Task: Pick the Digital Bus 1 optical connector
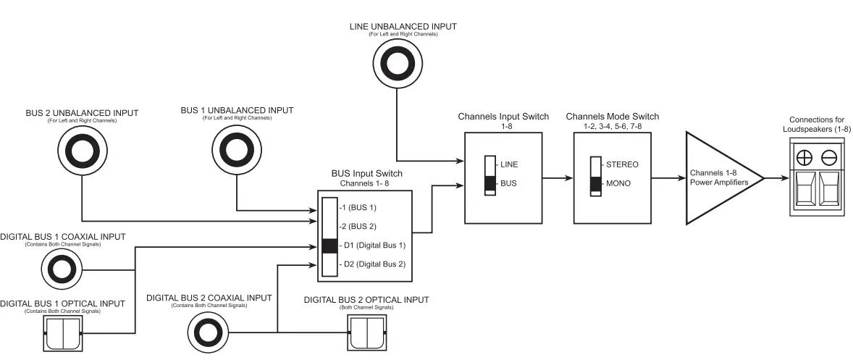pyautogui.click(x=63, y=332)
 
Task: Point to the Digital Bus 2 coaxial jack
pyautogui.click(x=209, y=332)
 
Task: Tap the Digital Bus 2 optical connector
pyautogui.click(x=367, y=332)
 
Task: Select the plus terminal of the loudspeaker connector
pyautogui.click(x=804, y=158)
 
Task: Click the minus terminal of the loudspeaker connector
pyautogui.click(x=829, y=158)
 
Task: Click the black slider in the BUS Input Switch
pyautogui.click(x=329, y=246)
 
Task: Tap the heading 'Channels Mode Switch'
pyautogui.click(x=613, y=117)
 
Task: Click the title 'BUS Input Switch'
pyautogui.click(x=367, y=173)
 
